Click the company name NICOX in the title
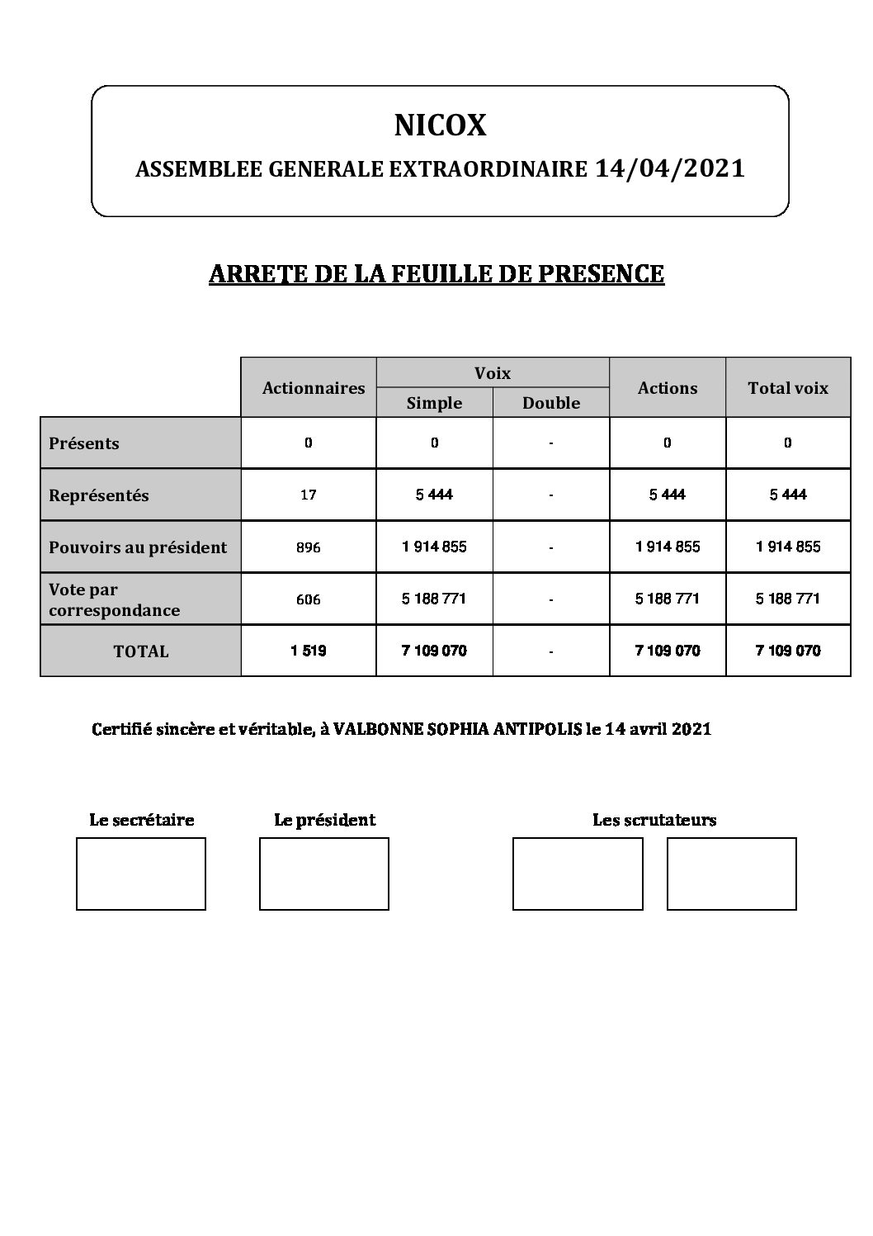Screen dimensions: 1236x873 [x=440, y=125]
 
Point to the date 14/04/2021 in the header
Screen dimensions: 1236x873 [x=669, y=168]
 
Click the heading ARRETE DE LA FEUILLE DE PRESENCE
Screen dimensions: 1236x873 [x=436, y=274]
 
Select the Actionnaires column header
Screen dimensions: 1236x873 [x=313, y=388]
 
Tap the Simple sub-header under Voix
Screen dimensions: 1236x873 [x=434, y=403]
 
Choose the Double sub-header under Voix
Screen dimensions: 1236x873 [x=550, y=403]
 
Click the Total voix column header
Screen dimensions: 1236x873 [x=787, y=388]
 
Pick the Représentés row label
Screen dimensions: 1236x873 [x=99, y=495]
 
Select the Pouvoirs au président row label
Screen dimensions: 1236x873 [x=138, y=547]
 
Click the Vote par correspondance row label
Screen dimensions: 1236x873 [x=114, y=600]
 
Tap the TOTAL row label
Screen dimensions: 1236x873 [x=141, y=651]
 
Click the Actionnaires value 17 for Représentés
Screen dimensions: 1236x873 [x=309, y=495]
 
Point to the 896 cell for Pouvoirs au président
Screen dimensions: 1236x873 [x=309, y=547]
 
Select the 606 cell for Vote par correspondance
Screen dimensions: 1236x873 [x=309, y=599]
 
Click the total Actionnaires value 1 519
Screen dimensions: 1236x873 [x=309, y=651]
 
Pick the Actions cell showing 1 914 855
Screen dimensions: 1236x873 [x=667, y=547]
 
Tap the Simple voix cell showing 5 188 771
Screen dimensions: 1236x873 [x=434, y=599]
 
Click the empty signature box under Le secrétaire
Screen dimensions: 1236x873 [x=140, y=874]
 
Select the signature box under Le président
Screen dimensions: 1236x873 [x=323, y=874]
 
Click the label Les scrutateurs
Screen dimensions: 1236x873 [x=654, y=820]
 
